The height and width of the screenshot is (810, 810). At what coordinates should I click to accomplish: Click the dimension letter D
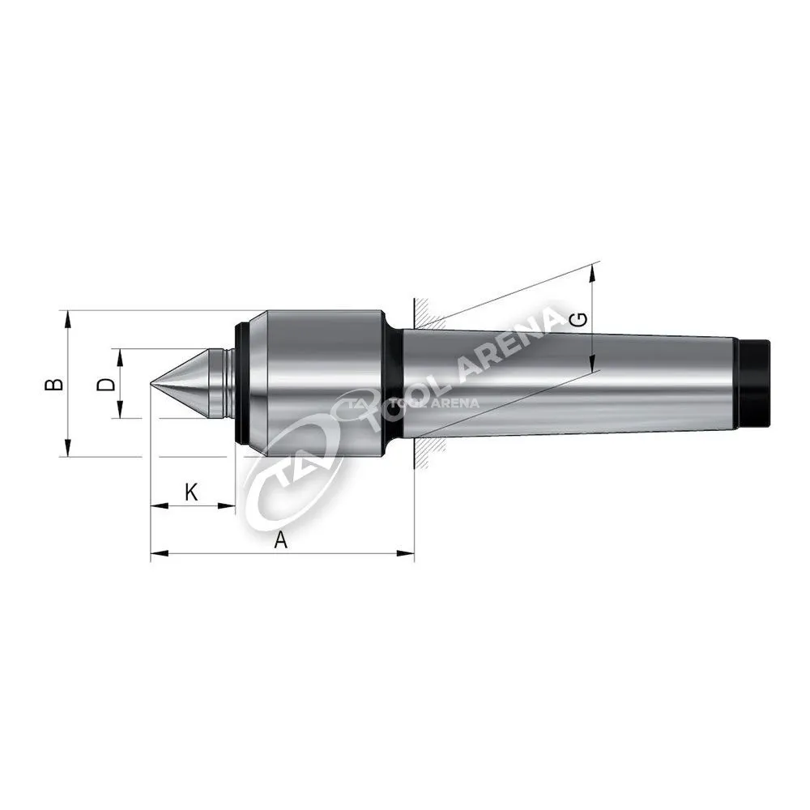point(106,384)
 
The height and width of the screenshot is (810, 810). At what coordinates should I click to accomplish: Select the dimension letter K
point(191,492)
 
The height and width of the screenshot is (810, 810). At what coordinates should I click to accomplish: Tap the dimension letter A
point(280,540)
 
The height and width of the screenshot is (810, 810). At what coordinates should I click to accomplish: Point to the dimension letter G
point(580,320)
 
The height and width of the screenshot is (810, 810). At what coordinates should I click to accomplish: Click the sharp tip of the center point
point(151,384)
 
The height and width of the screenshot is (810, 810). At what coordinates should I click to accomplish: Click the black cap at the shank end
point(755,383)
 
